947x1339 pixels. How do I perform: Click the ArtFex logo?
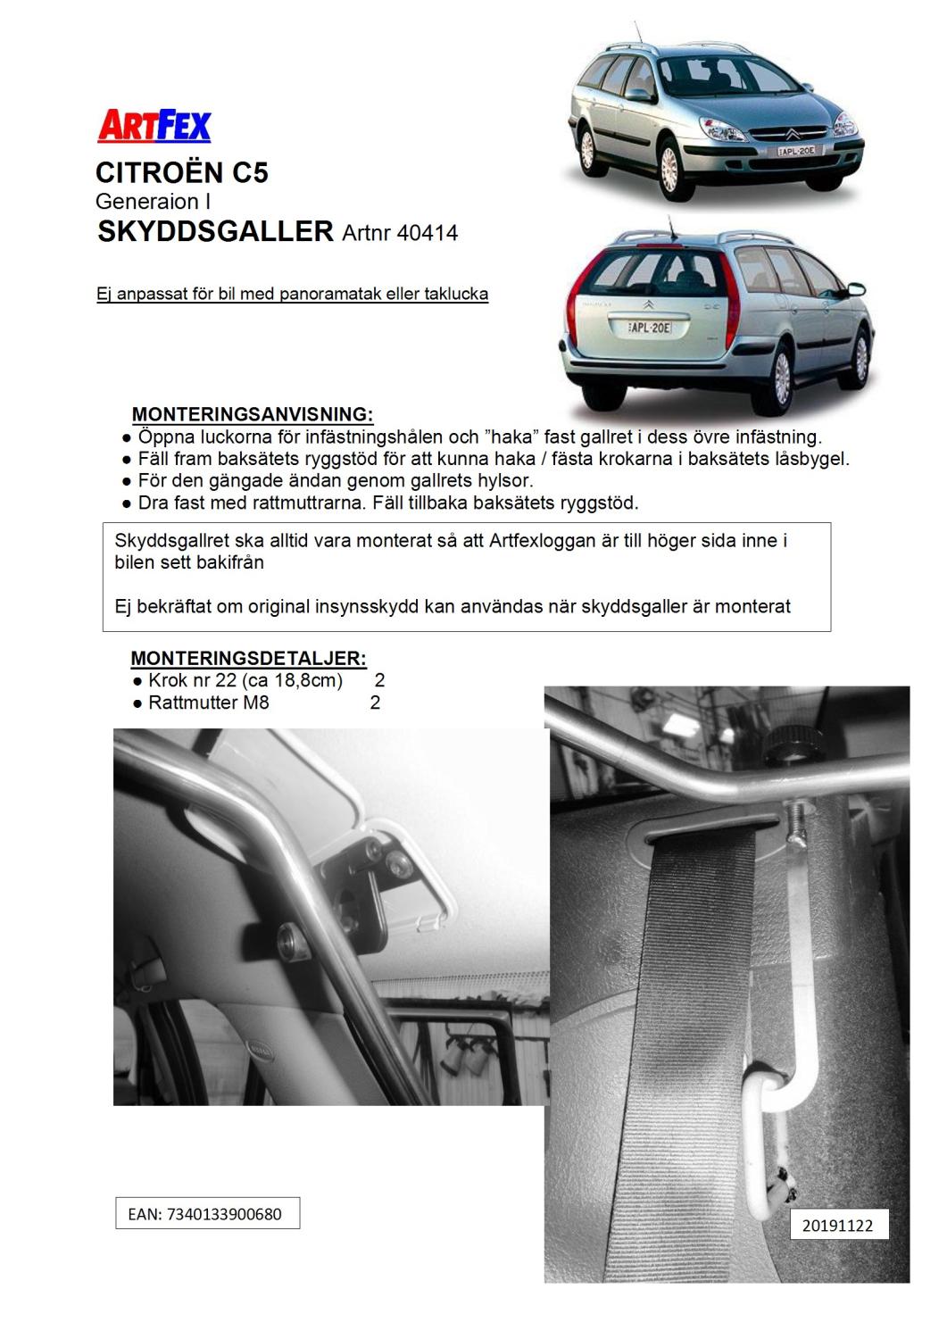coord(154,126)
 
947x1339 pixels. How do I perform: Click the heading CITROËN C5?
coord(182,172)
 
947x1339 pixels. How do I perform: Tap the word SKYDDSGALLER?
coord(215,232)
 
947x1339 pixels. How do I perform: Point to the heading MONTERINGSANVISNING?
coord(253,415)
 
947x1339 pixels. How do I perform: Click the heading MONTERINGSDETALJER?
coord(248,659)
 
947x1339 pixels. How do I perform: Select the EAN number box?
coord(207,1214)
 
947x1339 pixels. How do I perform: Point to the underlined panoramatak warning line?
coord(292,294)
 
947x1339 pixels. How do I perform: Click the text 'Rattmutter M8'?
coord(208,703)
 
